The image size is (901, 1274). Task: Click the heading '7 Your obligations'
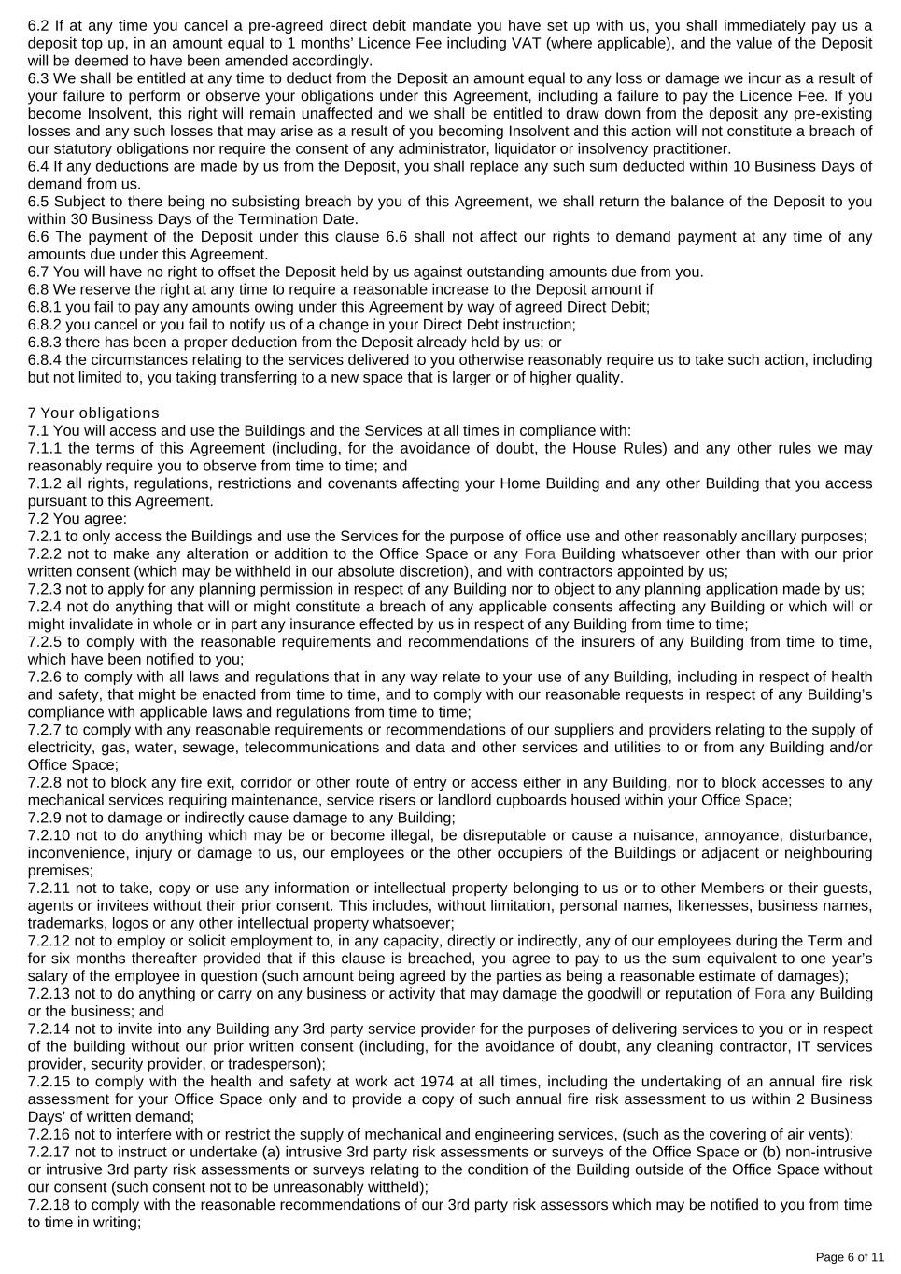point(93,413)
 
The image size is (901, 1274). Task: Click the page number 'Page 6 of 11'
point(850,1257)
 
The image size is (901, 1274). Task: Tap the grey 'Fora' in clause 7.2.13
point(769,993)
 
